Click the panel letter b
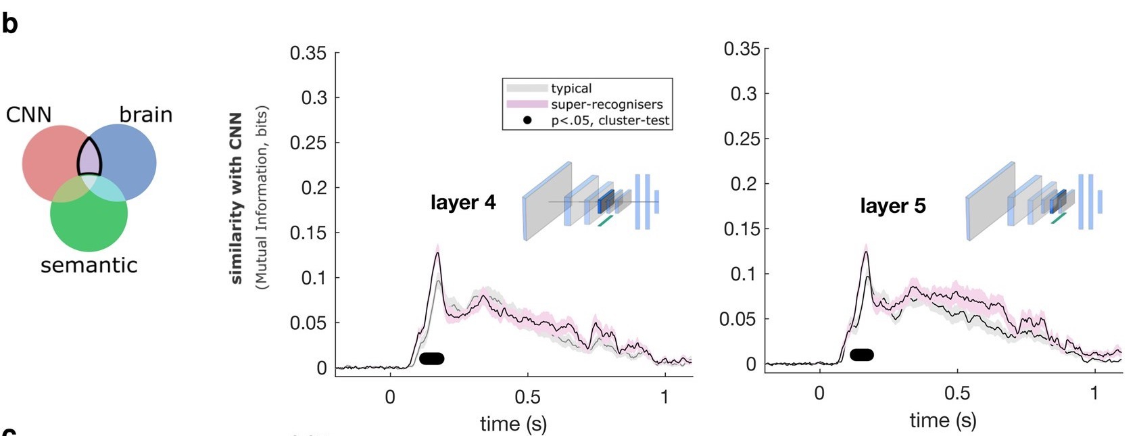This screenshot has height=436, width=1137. pos(9,24)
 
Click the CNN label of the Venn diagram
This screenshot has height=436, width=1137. pos(28,115)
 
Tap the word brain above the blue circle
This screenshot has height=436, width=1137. pos(145,115)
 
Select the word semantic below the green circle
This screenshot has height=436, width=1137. pos(89,265)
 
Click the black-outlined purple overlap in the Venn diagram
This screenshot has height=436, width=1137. pos(89,158)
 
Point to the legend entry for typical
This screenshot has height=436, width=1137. pos(571,89)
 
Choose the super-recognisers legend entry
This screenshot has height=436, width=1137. pos(606,105)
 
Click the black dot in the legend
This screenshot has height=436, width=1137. pos(527,121)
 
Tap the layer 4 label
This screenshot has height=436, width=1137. pos(463,202)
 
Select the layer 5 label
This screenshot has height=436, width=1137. pos(892,205)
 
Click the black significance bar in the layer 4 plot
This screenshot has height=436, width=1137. pos(431,358)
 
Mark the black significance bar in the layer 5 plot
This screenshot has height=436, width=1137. pos(861,354)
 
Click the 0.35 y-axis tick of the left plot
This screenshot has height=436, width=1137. pos(308,53)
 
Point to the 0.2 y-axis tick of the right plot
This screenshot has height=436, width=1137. pos(744,184)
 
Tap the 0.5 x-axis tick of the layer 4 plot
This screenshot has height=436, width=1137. pos(527,397)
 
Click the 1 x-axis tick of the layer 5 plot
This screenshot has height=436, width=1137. pos(1094,393)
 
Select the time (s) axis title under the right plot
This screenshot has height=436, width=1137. pos(942,420)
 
